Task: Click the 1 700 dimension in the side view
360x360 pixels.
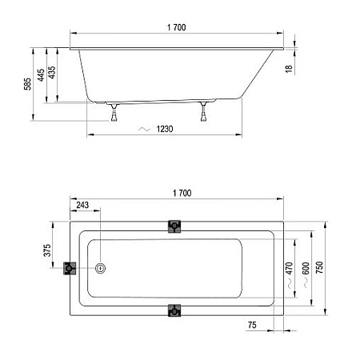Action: point(178,28)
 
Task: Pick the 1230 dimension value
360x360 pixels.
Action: point(166,129)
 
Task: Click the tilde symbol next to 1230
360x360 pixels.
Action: point(144,129)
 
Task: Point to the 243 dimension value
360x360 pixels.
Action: point(82,206)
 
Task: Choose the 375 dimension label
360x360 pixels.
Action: point(47,251)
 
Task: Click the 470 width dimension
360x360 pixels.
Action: point(288,270)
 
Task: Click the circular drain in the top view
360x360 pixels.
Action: point(101,270)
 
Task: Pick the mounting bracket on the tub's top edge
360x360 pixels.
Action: point(174,227)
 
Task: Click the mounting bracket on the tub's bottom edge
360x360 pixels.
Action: point(174,310)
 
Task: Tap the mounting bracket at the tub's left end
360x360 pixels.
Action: point(70,270)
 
